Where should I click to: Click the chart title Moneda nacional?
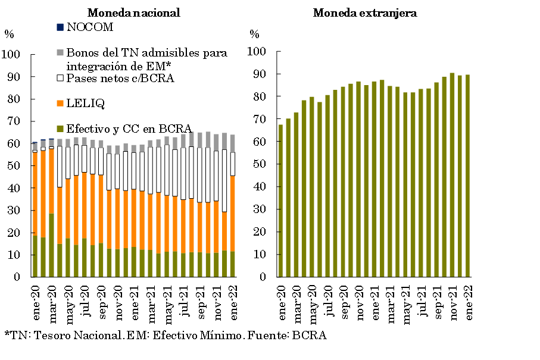click(x=133, y=12)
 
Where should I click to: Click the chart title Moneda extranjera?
click(x=364, y=12)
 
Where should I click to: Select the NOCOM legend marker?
click(x=60, y=27)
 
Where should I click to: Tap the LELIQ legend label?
click(x=86, y=104)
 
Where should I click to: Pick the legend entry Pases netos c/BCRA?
click(x=120, y=78)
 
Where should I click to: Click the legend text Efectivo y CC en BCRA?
click(x=129, y=128)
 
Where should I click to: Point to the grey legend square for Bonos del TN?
click(x=60, y=52)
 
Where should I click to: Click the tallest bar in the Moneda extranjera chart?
click(x=452, y=175)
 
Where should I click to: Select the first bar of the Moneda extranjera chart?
click(x=281, y=201)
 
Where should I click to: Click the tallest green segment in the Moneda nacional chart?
click(x=51, y=245)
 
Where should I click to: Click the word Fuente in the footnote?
click(x=274, y=335)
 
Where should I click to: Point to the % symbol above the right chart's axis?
click(x=255, y=34)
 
